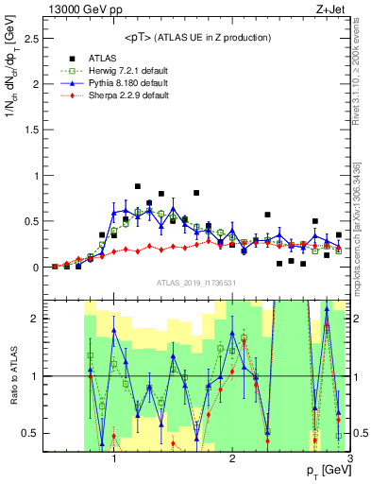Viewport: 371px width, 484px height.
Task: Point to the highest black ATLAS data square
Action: pos(138,186)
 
